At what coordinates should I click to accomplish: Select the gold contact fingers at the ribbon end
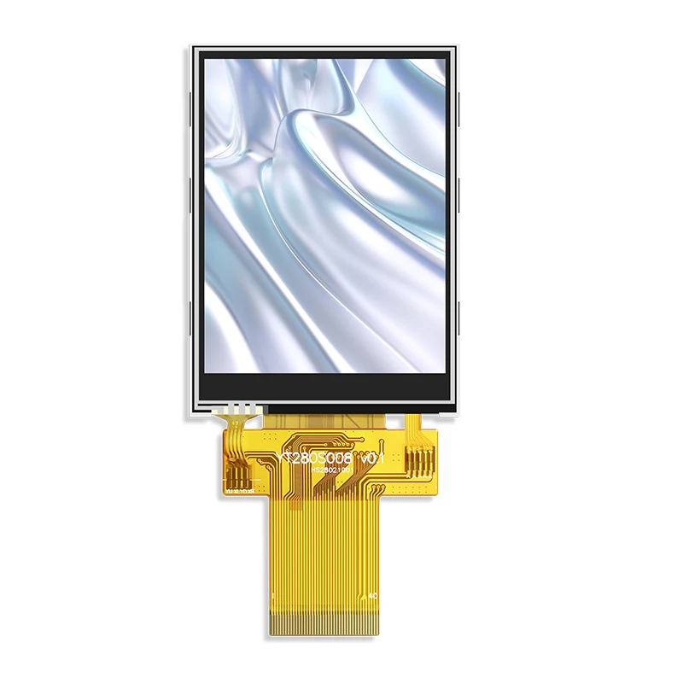[x=325, y=624]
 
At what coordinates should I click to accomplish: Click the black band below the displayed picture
[x=325, y=386]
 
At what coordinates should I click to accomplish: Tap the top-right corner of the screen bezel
[x=452, y=50]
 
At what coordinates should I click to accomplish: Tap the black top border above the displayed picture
[x=325, y=53]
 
